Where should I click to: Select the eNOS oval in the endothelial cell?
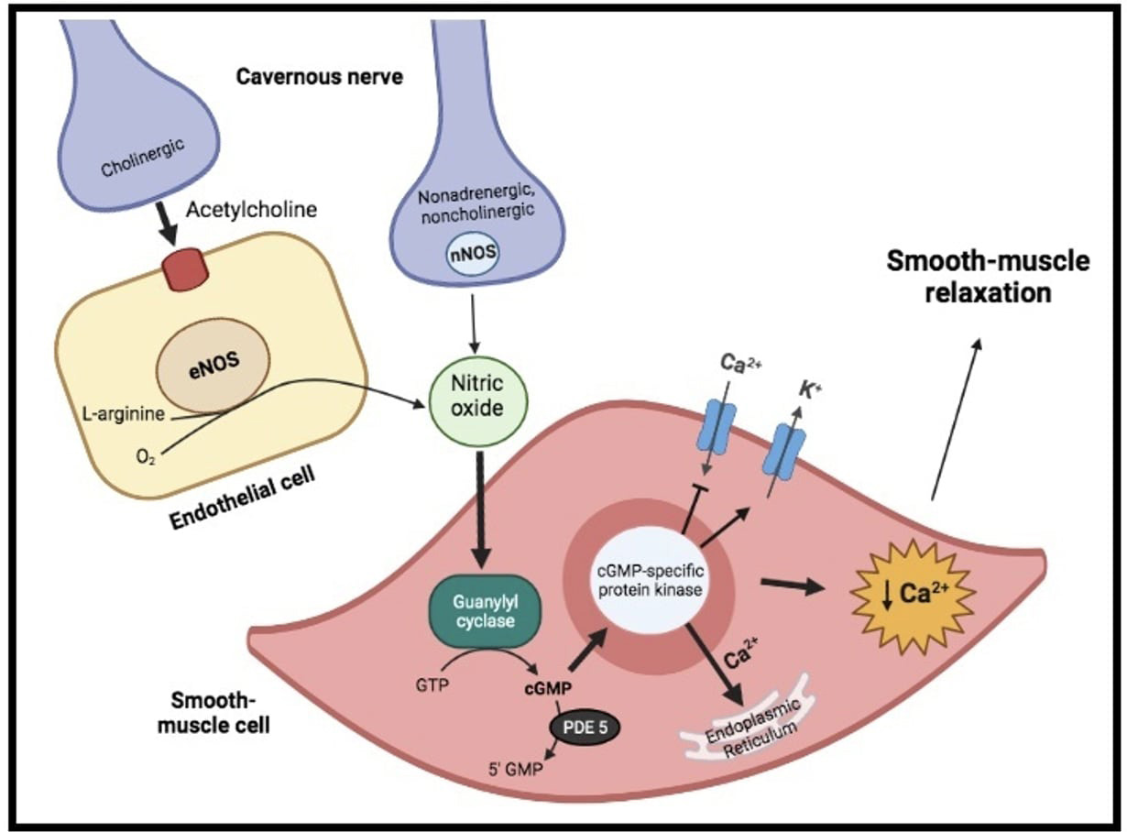coord(213,361)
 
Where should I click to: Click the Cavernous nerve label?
coord(319,76)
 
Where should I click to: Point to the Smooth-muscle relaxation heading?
coord(987,278)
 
